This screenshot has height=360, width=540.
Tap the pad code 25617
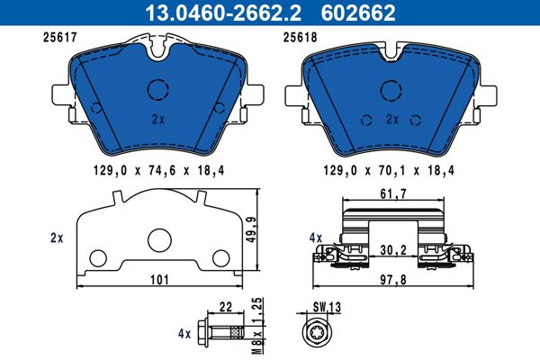[59, 38]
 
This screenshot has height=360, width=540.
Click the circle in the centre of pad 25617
[158, 90]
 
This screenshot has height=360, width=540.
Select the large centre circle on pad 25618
[391, 89]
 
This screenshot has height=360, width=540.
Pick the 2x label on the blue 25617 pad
[157, 118]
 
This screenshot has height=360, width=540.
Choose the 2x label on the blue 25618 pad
[392, 118]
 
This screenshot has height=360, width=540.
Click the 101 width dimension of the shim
[159, 280]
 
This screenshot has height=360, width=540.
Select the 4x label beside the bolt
[185, 333]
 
